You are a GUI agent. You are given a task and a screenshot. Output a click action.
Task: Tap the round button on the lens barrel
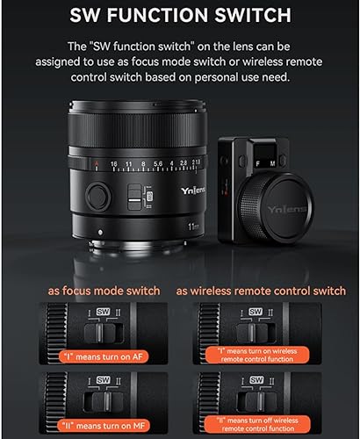coord(98,196)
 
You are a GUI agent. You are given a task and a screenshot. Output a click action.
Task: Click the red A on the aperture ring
coord(96,163)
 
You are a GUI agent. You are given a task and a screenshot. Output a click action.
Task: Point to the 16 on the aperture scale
coord(114,164)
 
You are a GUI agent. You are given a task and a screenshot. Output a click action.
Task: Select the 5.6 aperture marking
coord(158,163)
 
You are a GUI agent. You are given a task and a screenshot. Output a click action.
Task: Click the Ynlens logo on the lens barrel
coord(193,191)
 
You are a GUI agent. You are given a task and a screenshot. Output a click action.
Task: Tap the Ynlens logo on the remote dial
coord(287,209)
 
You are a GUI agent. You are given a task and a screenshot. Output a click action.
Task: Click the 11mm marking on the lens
coord(193,227)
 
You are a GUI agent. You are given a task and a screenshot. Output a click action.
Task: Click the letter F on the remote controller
coord(258,164)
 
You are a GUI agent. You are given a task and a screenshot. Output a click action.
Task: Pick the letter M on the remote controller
coord(272,164)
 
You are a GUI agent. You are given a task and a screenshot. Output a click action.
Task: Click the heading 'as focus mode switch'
coord(104,291)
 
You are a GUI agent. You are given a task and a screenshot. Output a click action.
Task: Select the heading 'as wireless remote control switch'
coord(261,291)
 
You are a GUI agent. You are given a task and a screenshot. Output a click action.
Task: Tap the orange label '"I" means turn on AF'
coord(104,356)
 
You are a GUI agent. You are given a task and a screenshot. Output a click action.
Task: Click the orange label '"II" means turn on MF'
coord(104,426)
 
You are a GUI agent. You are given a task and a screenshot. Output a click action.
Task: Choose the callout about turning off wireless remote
coord(257,424)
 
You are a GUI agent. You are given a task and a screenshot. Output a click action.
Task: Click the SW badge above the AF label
coord(103,312)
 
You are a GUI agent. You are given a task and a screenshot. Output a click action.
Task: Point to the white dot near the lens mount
coord(100,233)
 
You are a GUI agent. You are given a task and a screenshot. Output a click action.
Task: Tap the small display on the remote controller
coord(264,152)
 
